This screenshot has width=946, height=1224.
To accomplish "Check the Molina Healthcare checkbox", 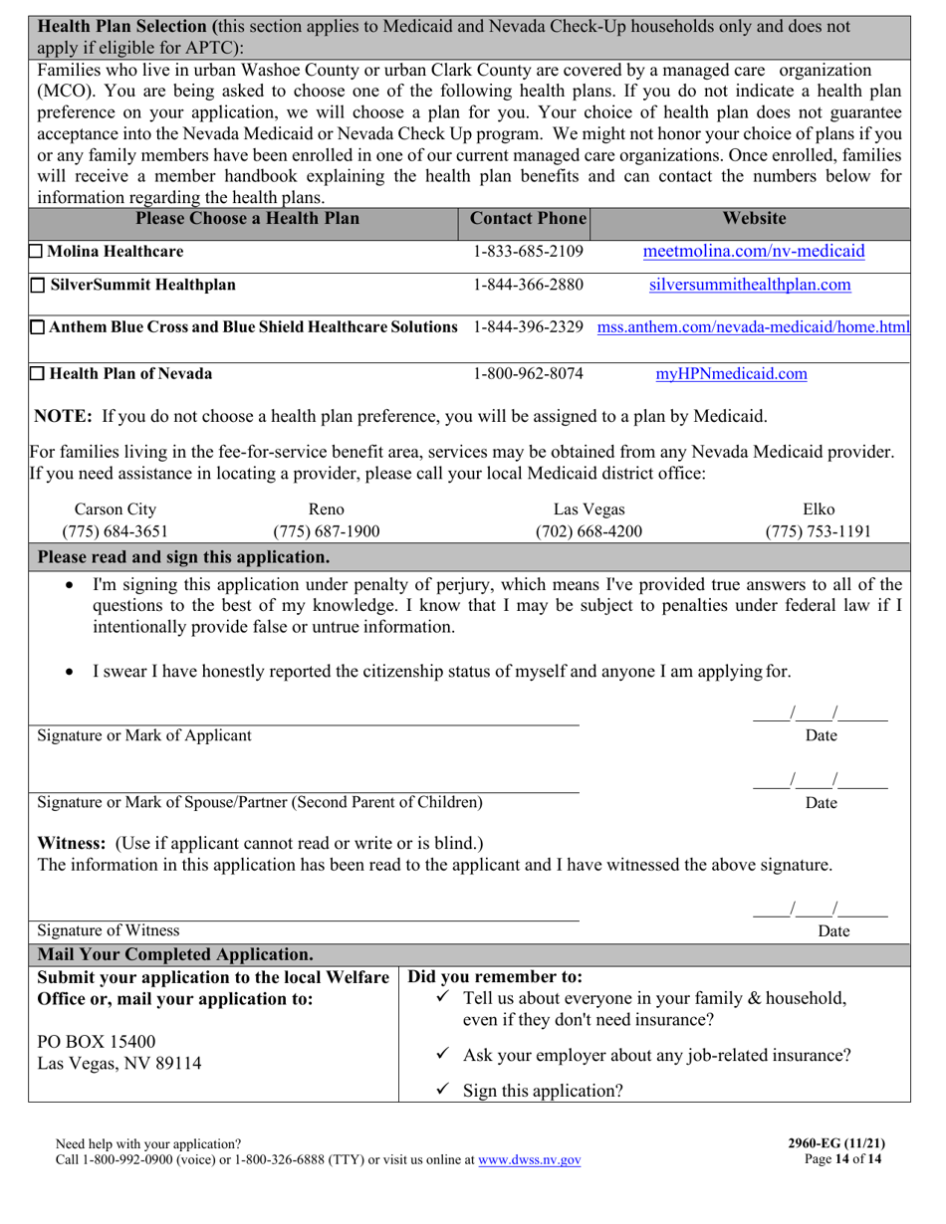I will (x=36, y=252).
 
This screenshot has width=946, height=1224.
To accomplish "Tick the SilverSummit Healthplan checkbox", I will (x=37, y=286).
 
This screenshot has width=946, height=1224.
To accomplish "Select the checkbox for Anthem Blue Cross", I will (x=37, y=326).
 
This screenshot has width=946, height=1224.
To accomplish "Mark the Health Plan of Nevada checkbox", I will (x=37, y=374).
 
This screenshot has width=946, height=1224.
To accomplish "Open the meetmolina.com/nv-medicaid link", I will (x=754, y=251).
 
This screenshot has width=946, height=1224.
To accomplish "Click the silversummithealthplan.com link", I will (x=750, y=285).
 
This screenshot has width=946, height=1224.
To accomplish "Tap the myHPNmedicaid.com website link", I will (x=731, y=374).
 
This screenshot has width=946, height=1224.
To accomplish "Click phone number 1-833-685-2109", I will (x=528, y=251).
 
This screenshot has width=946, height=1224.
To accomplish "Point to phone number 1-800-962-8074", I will (x=528, y=374).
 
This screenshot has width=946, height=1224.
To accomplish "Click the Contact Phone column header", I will (x=528, y=218).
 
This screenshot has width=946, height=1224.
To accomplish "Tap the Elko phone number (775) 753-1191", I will (x=818, y=531).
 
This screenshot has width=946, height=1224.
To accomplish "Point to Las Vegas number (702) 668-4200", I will (x=589, y=531).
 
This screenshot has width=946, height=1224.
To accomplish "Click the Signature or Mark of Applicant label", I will (x=144, y=735).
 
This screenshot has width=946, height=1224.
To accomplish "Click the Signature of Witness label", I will (x=109, y=930).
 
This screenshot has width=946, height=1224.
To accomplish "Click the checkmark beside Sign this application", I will (x=444, y=1090).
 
